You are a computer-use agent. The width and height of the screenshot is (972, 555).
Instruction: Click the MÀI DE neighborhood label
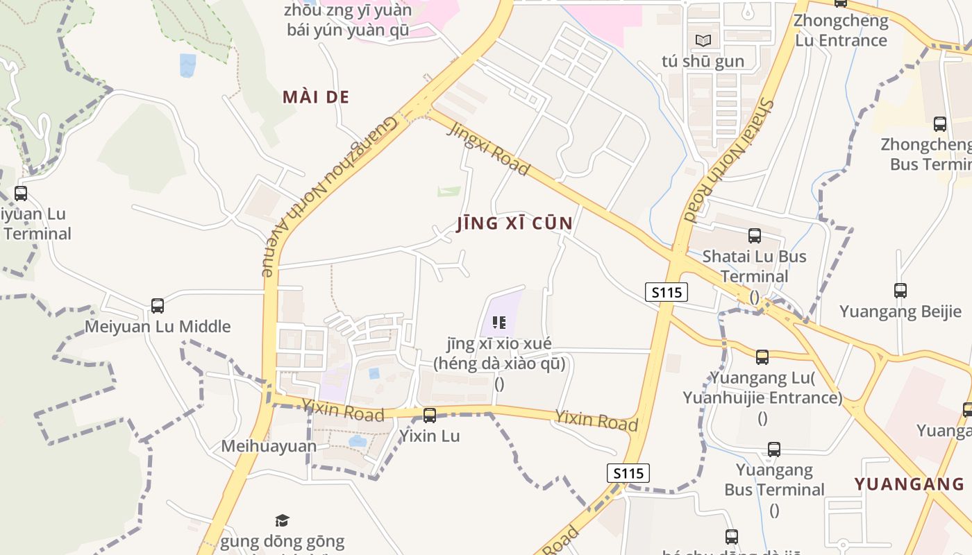pos(316,97)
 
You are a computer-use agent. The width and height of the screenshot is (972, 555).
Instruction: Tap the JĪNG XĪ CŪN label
pos(515,223)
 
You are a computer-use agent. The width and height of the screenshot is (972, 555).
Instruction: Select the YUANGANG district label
pos(909,484)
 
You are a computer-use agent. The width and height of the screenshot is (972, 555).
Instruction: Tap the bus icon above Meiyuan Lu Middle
pos(158,305)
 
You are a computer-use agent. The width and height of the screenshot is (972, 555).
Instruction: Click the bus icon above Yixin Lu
pos(430,416)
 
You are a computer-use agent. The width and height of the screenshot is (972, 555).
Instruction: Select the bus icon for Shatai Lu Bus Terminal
pos(755,236)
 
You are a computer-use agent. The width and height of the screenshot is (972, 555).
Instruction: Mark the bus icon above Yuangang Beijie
pos(900,291)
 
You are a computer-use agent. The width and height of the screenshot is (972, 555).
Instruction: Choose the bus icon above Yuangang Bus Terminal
pos(774,450)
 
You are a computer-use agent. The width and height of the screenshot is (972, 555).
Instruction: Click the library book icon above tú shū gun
pos(703,40)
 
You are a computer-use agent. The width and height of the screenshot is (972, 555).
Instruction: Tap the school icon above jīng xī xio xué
pos(498,322)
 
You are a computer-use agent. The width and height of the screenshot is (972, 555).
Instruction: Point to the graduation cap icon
pos(282,520)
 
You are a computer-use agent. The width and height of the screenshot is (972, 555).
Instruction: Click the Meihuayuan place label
pos(269,446)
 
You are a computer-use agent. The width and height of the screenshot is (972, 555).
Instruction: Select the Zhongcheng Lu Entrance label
pos(841,31)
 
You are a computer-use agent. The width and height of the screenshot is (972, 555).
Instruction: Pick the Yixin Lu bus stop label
pos(429,436)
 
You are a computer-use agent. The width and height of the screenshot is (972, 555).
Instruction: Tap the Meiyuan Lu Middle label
pos(158,327)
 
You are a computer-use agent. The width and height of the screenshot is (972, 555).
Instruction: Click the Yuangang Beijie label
pos(900,311)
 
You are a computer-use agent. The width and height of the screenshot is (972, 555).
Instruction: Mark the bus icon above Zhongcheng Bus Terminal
pos(939,124)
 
